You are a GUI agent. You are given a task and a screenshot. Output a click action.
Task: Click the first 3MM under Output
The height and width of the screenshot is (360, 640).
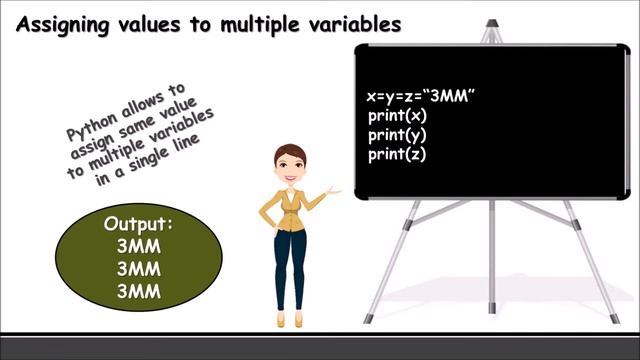tap(139, 246)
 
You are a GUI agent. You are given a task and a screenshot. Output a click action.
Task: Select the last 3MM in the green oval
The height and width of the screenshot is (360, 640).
tap(139, 292)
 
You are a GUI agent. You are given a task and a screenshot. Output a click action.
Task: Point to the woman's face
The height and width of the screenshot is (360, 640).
tap(290, 167)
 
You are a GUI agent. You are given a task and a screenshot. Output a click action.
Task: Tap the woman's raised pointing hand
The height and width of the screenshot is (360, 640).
tap(334, 189)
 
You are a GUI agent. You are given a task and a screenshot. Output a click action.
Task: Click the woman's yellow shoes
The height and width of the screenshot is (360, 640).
tap(289, 319)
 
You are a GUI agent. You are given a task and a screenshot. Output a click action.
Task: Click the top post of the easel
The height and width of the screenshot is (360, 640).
tap(490, 30)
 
